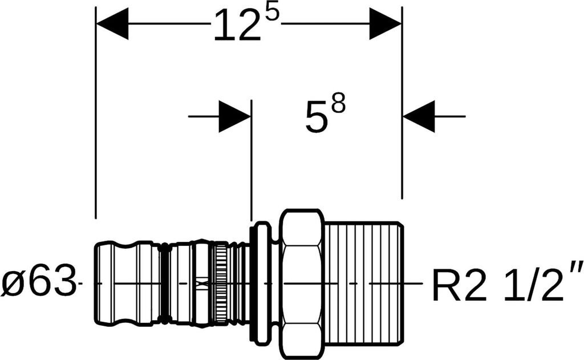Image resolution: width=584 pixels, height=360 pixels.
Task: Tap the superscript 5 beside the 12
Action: [271, 14]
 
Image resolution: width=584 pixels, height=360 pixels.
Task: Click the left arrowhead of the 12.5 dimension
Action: [112, 23]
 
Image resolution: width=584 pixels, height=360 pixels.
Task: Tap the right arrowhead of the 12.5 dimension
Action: [386, 23]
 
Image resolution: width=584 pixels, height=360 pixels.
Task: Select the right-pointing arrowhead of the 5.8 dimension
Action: [234, 116]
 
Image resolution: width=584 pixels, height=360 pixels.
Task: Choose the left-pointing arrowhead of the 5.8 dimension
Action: [419, 116]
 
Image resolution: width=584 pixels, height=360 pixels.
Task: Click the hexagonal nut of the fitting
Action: [301, 284]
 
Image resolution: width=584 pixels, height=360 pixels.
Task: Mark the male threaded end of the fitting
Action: [364, 284]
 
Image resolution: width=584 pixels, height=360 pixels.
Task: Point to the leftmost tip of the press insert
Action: [93, 284]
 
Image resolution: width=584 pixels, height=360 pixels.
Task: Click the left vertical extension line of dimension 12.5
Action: [96, 112]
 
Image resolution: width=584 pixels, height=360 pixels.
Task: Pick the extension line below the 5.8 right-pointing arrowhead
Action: [252, 161]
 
